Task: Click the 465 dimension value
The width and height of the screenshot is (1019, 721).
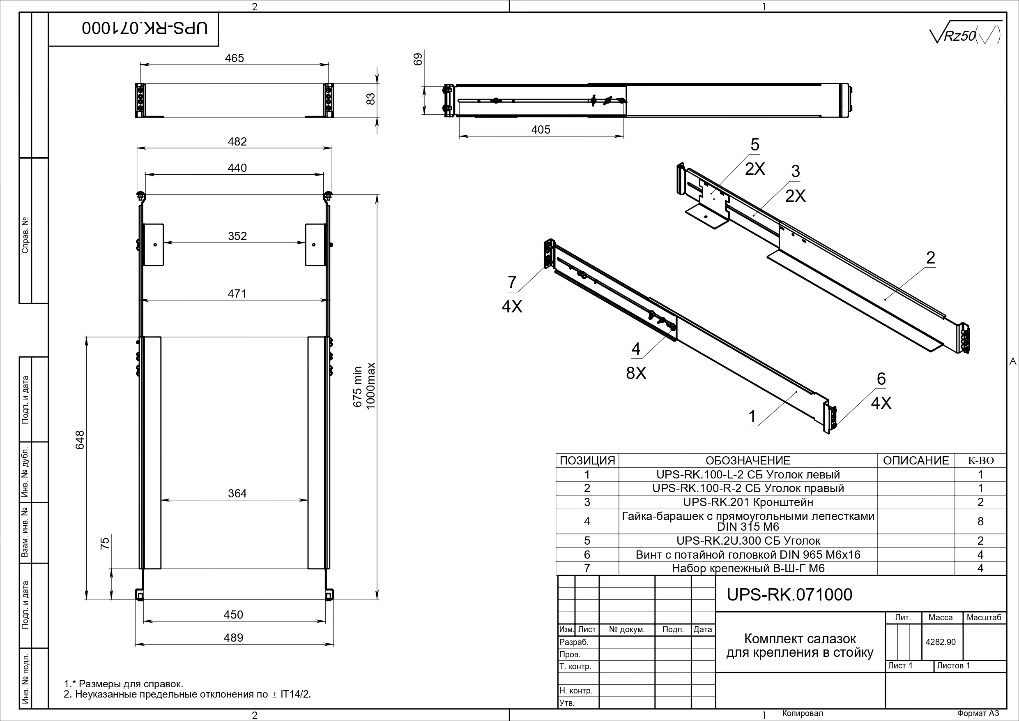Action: (x=235, y=58)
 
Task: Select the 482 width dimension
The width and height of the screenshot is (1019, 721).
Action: (x=237, y=141)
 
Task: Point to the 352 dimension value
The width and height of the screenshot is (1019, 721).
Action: (x=237, y=236)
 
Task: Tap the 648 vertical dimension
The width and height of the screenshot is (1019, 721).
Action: (x=80, y=440)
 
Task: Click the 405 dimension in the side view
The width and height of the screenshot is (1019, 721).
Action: (x=541, y=130)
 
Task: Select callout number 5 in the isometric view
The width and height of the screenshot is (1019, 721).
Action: (x=755, y=145)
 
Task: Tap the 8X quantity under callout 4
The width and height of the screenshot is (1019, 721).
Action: (x=636, y=374)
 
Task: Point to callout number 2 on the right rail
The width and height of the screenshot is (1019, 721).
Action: (x=931, y=258)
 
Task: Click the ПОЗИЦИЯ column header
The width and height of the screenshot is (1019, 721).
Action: (x=587, y=461)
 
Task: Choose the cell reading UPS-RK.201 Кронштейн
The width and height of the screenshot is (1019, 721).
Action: (x=748, y=502)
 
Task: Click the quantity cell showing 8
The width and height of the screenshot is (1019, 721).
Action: (x=980, y=521)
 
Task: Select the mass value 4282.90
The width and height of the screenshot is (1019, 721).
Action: (x=941, y=642)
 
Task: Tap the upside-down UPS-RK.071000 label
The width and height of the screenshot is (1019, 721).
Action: (x=145, y=28)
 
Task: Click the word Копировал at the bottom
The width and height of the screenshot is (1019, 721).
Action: (x=803, y=714)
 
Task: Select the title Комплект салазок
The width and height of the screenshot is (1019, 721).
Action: (x=800, y=639)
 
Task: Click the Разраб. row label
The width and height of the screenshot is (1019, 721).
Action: (x=574, y=642)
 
